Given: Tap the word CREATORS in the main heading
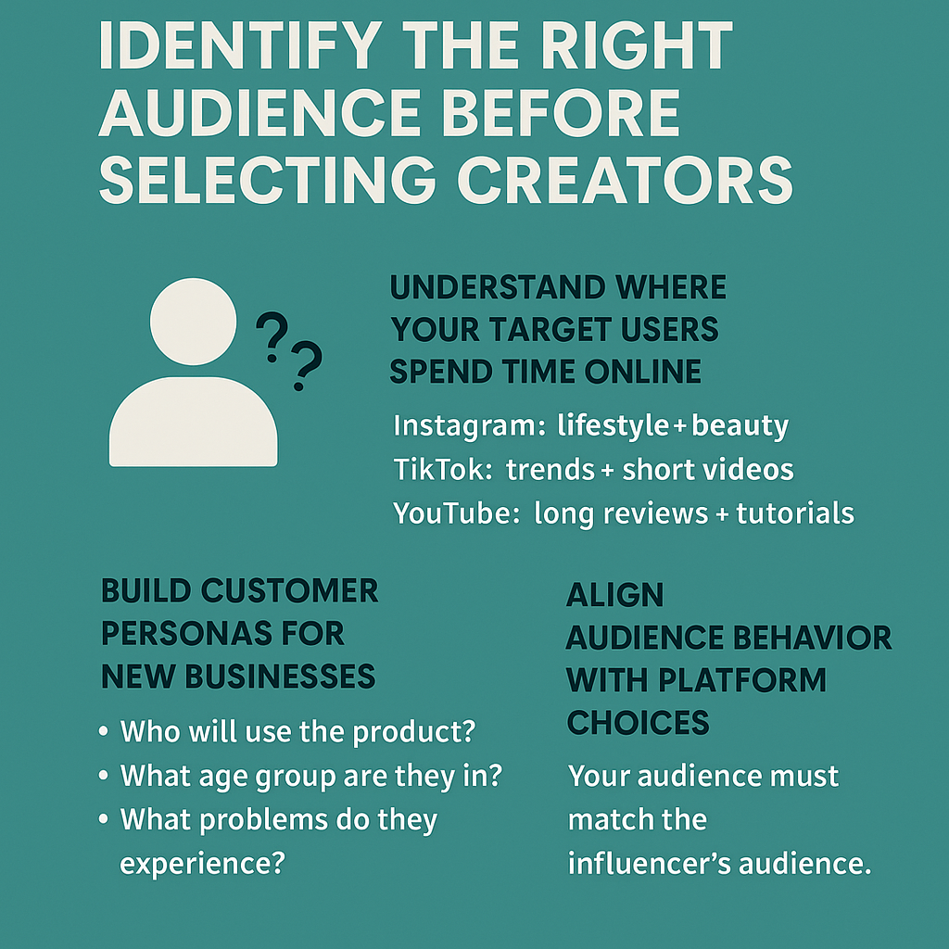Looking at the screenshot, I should point(626,179).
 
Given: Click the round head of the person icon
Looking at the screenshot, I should point(193,322).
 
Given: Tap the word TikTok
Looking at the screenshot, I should point(441,470).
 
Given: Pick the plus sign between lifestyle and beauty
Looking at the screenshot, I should point(681,427).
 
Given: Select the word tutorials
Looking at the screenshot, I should point(795,512).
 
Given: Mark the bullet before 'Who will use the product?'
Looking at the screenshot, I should point(104,733).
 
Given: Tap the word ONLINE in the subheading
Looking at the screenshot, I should point(642,372).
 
